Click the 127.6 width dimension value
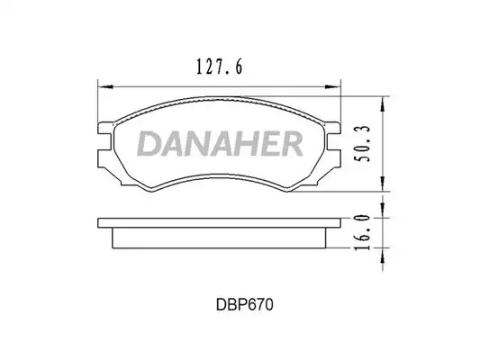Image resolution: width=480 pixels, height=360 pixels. coord(219,67)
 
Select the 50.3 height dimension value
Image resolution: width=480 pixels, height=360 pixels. coord(362,144)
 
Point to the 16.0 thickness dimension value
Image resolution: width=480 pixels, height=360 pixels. coord(362,232)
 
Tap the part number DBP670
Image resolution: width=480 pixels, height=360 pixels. coord(244,304)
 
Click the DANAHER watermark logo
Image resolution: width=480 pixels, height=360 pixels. coord(220,144)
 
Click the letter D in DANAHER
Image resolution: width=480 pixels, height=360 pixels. coord(149,144)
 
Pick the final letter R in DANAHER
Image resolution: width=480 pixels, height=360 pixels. coord(291,144)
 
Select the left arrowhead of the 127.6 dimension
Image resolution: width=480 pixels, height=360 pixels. coord(105,87)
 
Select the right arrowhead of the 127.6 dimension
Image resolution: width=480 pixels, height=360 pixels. coord(333,87)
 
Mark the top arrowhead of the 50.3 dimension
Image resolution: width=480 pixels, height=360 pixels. coord(383,104)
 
